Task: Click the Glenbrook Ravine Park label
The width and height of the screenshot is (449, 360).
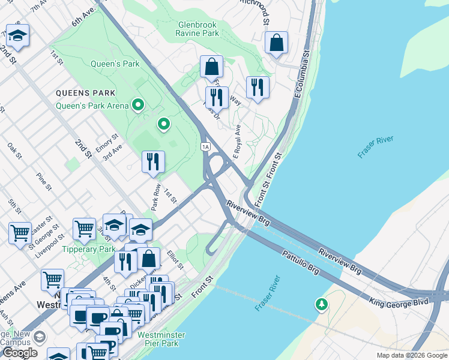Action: point(197,29)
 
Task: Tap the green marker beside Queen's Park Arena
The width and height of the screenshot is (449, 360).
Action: point(138,106)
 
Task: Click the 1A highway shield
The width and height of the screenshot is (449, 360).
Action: point(206,146)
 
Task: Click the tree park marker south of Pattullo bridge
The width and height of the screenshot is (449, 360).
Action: point(322,305)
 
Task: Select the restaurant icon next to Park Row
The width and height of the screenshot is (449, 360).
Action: point(153,161)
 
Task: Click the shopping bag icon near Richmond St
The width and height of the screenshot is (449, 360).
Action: point(276,43)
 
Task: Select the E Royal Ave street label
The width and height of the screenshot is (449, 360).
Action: point(237,142)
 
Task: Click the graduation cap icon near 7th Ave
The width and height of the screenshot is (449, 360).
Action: point(17,36)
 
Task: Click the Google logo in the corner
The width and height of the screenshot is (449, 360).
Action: point(20,353)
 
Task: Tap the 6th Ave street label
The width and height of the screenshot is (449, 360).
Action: point(83,16)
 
